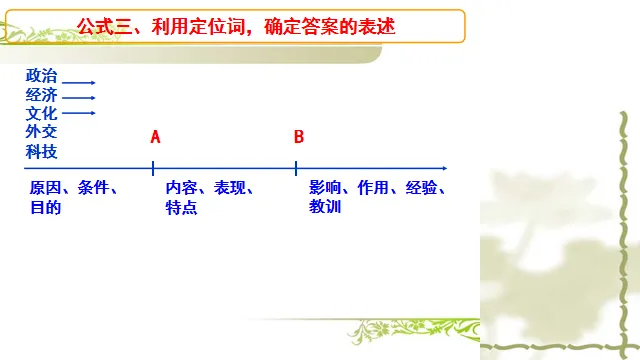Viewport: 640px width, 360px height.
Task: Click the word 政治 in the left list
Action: tap(42, 76)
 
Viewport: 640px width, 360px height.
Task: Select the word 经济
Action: tap(42, 95)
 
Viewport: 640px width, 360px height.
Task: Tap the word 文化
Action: tap(42, 114)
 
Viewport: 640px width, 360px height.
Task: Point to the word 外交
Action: tap(42, 132)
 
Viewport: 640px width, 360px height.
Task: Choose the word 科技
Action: tap(42, 151)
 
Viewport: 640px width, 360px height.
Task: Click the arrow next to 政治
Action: tap(79, 82)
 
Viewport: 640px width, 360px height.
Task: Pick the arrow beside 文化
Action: tap(79, 113)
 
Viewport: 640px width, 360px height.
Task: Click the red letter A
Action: tap(155, 136)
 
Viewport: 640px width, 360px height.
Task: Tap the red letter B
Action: tap(298, 136)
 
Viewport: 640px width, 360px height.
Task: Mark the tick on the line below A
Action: tap(153, 168)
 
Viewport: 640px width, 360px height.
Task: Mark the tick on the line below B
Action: tap(297, 168)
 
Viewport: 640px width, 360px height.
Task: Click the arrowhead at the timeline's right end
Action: tap(443, 168)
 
